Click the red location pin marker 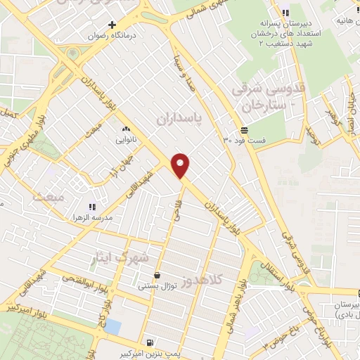[x=181, y=165]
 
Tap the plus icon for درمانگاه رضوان [x=112, y=25]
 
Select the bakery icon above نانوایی [x=127, y=129]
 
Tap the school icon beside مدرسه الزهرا [x=91, y=207]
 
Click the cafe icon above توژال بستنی [x=157, y=275]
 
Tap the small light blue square [x=112, y=326]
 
